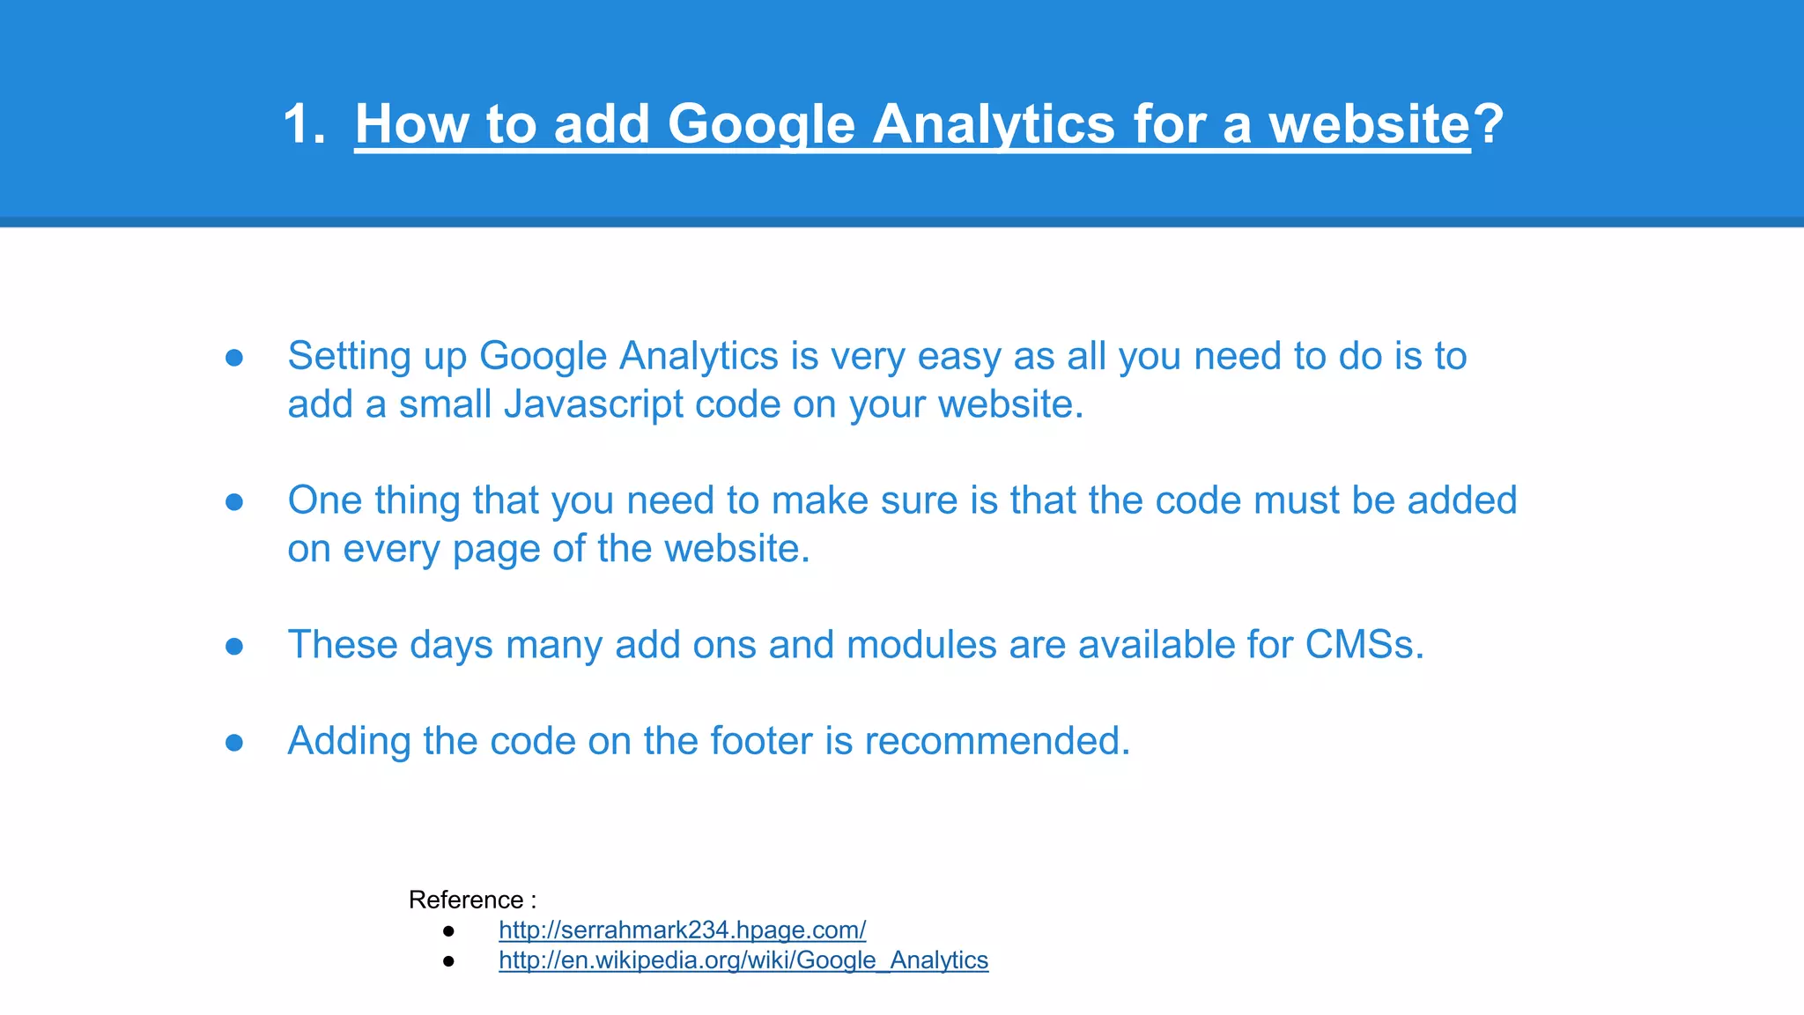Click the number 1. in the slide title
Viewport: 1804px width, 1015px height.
304,123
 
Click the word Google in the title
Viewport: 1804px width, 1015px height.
761,123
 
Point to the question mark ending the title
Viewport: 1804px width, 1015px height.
1488,123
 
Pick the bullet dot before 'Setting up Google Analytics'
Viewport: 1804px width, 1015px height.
234,358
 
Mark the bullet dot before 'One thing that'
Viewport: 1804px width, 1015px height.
234,502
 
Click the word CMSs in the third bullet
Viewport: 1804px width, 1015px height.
1359,645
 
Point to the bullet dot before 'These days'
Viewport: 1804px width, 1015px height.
234,647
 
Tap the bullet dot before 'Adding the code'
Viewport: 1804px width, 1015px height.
234,743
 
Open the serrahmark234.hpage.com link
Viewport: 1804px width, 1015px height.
682,930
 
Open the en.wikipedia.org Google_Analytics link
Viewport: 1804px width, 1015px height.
743,959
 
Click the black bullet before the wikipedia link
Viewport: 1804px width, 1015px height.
448,960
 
